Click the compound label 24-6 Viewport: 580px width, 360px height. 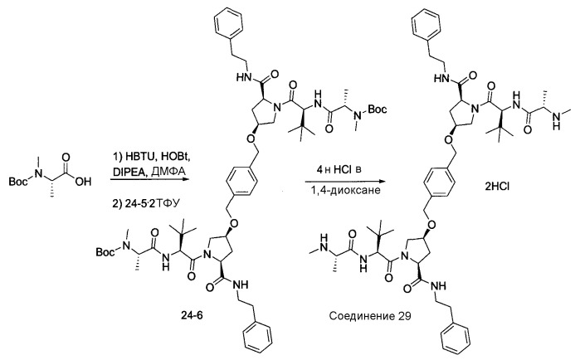coord(192,316)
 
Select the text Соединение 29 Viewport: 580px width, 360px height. coord(369,316)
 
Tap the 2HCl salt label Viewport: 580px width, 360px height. coord(497,187)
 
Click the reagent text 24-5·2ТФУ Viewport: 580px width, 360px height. coord(146,202)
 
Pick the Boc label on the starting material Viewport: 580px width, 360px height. coord(17,181)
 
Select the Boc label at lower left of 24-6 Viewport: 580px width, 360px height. coord(105,252)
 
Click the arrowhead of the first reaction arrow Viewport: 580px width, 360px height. coord(185,180)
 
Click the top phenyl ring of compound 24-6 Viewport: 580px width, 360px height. coord(229,24)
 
